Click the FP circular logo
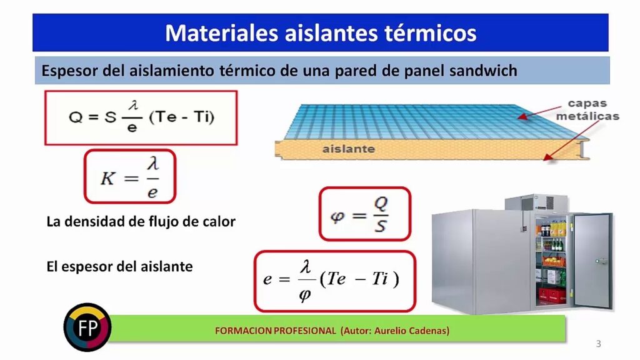coord(87,327)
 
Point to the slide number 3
coord(598,344)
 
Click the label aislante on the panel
coord(349,149)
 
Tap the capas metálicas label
coord(587,110)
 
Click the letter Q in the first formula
coord(76,117)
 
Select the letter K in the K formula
coord(108,178)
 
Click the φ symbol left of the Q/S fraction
coord(337,216)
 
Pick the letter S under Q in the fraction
coord(380,226)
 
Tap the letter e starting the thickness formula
coord(267,279)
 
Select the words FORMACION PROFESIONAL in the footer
coord(276,331)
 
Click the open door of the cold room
coord(592,261)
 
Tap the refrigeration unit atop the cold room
coord(536,203)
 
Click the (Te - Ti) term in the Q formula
coord(182,117)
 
